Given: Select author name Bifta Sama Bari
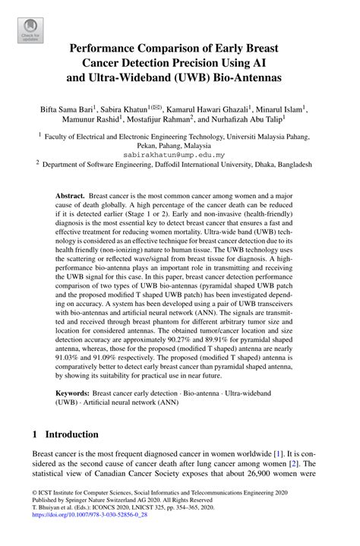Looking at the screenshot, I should pyautogui.click(x=71, y=109).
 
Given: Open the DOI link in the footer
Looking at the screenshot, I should pyautogui.click(x=84, y=535).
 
